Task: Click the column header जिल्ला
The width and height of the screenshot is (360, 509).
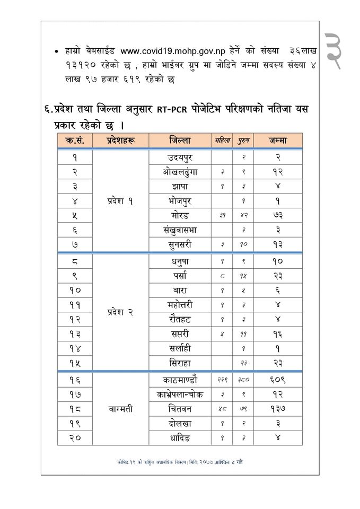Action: tap(180, 141)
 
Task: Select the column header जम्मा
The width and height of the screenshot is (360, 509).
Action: tap(278, 141)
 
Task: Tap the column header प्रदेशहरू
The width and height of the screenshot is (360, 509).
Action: tap(120, 141)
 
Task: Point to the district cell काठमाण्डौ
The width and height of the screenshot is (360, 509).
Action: tap(180, 380)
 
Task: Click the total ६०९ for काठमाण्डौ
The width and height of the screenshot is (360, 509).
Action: tap(278, 380)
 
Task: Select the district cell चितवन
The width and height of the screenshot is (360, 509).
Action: tap(180, 409)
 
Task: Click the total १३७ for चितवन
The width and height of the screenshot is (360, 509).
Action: tap(278, 409)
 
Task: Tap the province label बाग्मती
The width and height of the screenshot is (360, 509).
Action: tap(120, 409)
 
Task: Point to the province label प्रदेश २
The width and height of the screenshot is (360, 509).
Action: tap(120, 312)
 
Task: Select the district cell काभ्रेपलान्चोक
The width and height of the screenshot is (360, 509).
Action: tap(180, 394)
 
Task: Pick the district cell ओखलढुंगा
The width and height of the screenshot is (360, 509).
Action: tap(180, 172)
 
